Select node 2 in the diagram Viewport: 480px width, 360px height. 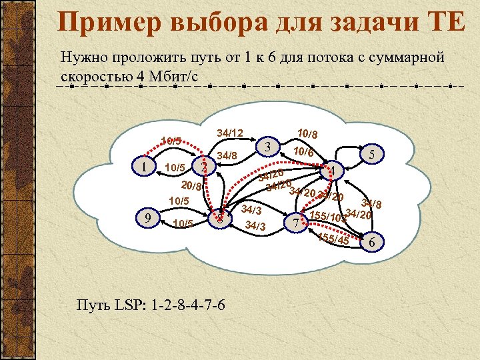[205, 167]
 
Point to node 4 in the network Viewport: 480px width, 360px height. [333, 173]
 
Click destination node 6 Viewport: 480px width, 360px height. [371, 242]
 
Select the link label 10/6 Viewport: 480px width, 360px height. [303, 152]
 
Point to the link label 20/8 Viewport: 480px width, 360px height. [192, 186]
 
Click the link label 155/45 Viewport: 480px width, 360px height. [333, 239]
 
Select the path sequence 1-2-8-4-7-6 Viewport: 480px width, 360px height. [188, 306]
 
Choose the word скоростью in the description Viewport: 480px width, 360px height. [95, 74]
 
